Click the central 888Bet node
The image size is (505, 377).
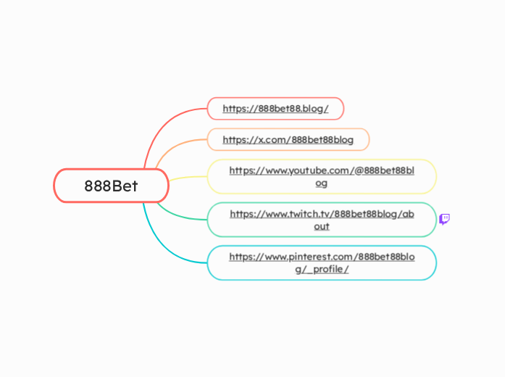click(x=111, y=186)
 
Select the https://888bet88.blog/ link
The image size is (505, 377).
click(x=275, y=109)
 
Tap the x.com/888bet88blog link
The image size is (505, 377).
click(x=288, y=139)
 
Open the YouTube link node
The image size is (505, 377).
click(x=322, y=177)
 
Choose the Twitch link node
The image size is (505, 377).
click(x=322, y=220)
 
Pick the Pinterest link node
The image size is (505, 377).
click(x=322, y=262)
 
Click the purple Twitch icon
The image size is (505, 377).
click(x=445, y=219)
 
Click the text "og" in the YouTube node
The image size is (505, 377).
click(x=322, y=183)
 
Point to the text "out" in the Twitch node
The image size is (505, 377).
click(x=322, y=226)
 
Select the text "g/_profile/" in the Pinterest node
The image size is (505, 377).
click(x=322, y=269)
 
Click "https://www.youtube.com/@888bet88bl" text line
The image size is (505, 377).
click(x=322, y=170)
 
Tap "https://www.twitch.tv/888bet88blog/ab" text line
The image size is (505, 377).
click(x=322, y=213)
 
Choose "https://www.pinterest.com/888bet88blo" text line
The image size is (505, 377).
click(x=322, y=256)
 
